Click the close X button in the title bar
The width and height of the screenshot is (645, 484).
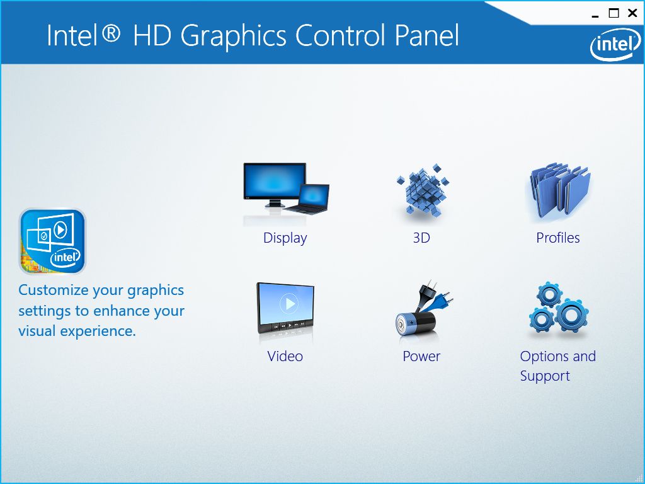[632, 13]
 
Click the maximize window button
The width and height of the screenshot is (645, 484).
[614, 13]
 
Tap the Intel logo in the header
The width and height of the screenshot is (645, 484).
[612, 45]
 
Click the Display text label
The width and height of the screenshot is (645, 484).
[285, 238]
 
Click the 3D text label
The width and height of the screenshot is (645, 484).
[421, 238]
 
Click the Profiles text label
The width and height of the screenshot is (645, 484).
[558, 238]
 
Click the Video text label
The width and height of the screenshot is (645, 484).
[285, 357]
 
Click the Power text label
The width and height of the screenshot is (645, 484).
[421, 357]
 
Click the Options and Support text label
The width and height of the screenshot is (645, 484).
[557, 366]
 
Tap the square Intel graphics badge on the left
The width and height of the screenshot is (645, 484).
[52, 241]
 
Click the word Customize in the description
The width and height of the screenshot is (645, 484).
[54, 291]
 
